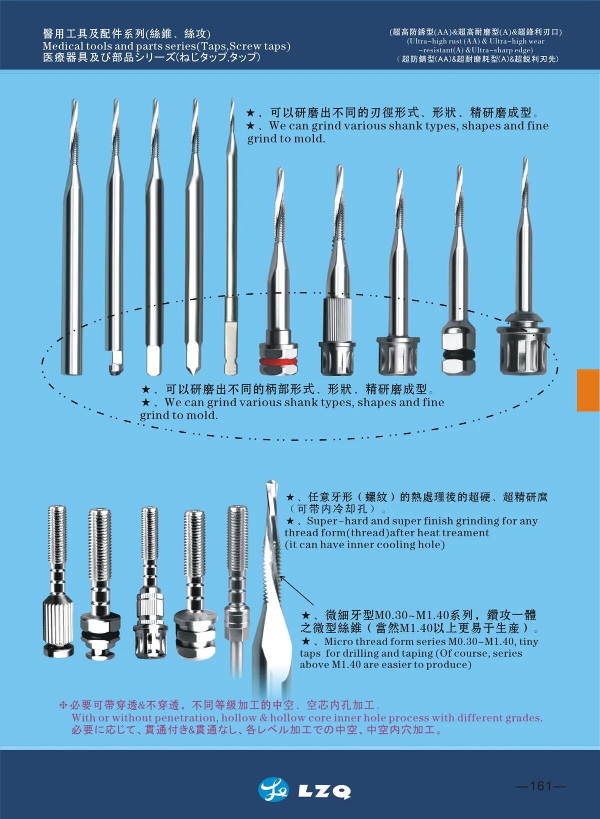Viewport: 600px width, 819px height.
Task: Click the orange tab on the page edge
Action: [588, 390]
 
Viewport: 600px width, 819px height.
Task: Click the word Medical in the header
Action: [63, 46]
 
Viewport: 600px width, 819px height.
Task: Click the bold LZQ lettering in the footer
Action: [324, 792]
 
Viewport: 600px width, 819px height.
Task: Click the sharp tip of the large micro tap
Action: [270, 482]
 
